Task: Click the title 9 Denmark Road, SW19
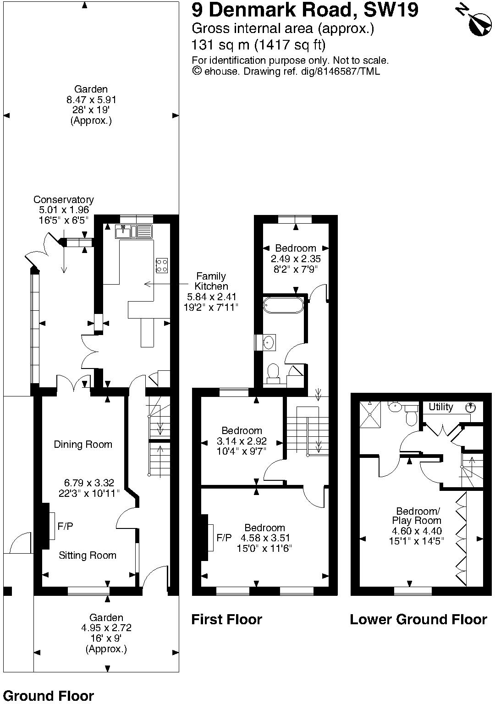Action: click(305, 10)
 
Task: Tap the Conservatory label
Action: click(63, 200)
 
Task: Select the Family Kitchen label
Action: click(211, 281)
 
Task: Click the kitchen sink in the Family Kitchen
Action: click(134, 231)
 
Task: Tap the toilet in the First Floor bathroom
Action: click(273, 373)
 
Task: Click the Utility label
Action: click(441, 407)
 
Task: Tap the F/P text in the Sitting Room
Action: click(65, 527)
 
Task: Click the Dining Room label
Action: click(83, 444)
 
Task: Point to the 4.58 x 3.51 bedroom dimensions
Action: click(264, 538)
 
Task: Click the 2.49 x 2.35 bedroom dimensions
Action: click(296, 259)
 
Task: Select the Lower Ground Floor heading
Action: click(418, 620)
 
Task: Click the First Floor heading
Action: click(226, 620)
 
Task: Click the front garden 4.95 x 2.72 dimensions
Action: click(106, 628)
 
